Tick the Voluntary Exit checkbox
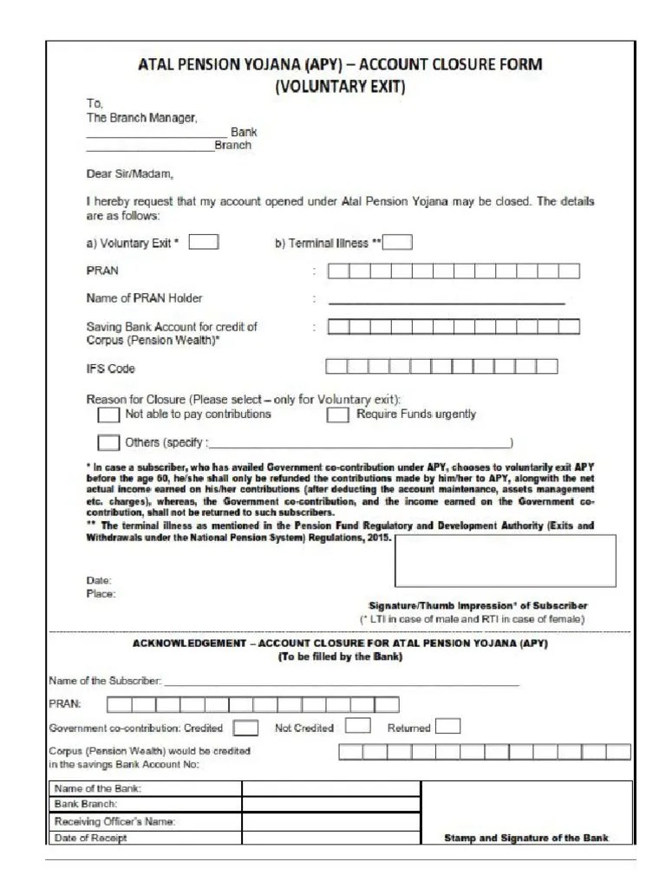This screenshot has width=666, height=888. [204, 242]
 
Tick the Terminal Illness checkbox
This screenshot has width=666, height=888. [397, 242]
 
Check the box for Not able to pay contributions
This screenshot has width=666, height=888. [109, 415]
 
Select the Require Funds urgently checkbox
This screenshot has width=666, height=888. [337, 415]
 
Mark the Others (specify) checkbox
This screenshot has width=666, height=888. [109, 442]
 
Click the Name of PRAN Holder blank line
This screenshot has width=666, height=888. [446, 299]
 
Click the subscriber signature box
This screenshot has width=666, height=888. [505, 560]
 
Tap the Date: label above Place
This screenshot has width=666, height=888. [99, 580]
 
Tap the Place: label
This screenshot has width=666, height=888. [101, 594]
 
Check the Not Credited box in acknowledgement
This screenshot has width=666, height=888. [358, 727]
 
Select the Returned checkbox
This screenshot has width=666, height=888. [447, 727]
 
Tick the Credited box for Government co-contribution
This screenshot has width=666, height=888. [245, 728]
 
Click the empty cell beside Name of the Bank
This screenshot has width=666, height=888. [330, 788]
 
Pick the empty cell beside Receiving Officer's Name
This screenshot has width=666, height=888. [330, 821]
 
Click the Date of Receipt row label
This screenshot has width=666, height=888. [91, 838]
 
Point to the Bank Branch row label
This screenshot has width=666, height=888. [87, 805]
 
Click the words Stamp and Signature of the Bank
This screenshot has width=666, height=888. [526, 839]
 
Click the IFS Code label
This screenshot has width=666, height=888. [111, 369]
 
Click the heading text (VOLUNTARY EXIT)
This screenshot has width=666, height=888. [340, 87]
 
